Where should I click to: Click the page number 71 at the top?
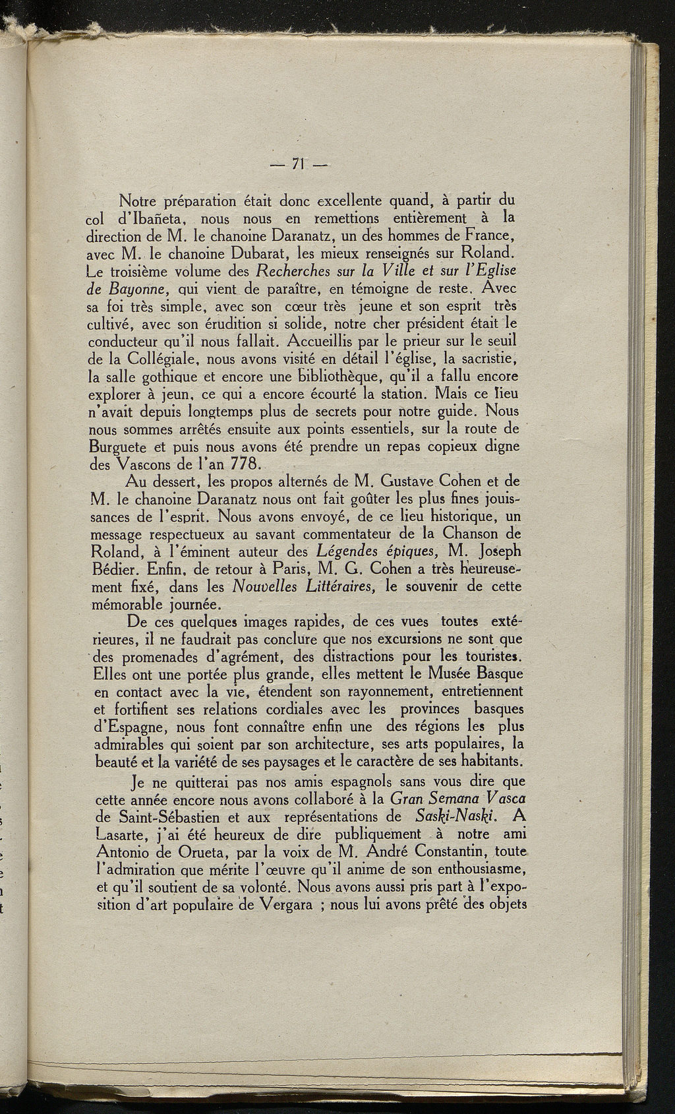(301, 164)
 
